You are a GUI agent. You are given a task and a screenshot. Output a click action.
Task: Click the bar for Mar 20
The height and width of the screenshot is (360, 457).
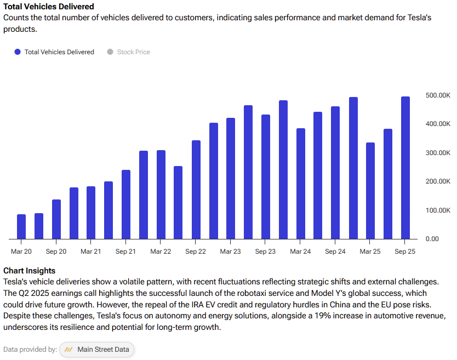pyautogui.click(x=21, y=226)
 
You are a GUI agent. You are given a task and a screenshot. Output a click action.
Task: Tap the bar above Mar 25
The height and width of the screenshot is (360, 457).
pyautogui.click(x=370, y=191)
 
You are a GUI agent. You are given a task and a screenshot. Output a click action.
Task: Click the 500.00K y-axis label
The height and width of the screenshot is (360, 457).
pyautogui.click(x=438, y=95)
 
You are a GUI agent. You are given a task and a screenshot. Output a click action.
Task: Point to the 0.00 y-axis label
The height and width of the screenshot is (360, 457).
pyautogui.click(x=432, y=239)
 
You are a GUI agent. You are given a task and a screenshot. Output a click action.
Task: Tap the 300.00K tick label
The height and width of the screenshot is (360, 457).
pyautogui.click(x=438, y=153)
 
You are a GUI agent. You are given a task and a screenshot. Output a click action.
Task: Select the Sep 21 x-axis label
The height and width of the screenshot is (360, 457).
pyautogui.click(x=125, y=252)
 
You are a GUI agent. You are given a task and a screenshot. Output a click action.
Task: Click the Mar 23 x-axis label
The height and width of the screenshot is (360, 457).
pyautogui.click(x=230, y=252)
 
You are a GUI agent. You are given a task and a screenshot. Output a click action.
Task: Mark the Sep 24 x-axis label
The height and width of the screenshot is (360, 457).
pyautogui.click(x=335, y=252)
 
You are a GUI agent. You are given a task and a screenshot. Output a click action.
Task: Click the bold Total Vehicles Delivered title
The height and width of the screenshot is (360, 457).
pyautogui.click(x=49, y=7)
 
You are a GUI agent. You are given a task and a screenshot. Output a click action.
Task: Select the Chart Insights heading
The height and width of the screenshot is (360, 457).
pyautogui.click(x=29, y=271)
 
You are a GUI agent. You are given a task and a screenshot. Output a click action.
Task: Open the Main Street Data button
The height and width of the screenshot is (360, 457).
pyautogui.click(x=96, y=350)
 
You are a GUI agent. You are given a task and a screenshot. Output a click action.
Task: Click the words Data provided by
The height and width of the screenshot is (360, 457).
pyautogui.click(x=30, y=350)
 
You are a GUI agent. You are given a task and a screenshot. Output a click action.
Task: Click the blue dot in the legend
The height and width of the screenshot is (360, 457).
pyautogui.click(x=18, y=52)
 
